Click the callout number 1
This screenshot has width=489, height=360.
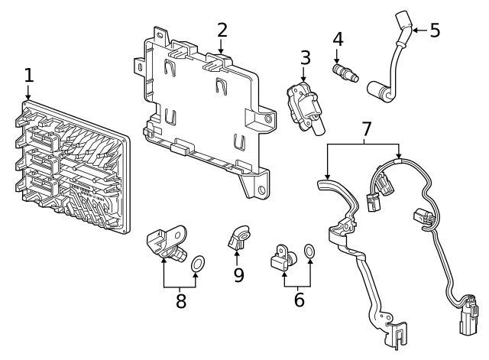pos(29,76)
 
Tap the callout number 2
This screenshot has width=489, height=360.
pos(222,30)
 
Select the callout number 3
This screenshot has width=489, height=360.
pos(305,57)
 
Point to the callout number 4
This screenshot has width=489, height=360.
pos(338,38)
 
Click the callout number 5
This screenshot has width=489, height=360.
pos(435,31)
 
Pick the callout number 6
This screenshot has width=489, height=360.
pos(299,299)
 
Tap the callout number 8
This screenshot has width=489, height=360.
pos(181,300)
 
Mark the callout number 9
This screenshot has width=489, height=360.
pos(238,274)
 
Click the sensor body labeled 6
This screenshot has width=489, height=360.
pos(282,257)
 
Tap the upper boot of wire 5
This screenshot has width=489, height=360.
pos(403,24)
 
